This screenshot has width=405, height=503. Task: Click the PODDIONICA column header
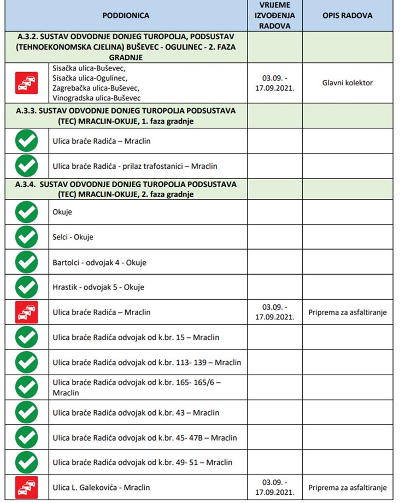[126, 16]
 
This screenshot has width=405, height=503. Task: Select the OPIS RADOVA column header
[347, 16]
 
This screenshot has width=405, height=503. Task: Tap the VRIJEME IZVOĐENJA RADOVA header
[274, 15]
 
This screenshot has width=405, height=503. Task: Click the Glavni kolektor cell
[347, 83]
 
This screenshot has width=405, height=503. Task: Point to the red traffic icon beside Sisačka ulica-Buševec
[26, 83]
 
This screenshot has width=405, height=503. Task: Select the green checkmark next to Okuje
[26, 212]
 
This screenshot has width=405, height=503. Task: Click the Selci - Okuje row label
[73, 237]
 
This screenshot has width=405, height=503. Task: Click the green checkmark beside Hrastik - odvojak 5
[26, 287]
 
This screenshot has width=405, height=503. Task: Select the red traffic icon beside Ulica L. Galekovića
[26, 487]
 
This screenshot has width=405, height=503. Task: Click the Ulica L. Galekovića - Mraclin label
[101, 487]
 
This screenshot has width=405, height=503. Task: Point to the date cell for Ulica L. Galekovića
[274, 487]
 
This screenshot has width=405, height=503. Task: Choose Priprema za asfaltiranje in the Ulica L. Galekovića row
[347, 487]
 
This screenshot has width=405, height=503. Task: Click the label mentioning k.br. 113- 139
[146, 362]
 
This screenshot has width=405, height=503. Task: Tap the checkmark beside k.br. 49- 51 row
[26, 462]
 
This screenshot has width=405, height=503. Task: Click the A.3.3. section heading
[126, 115]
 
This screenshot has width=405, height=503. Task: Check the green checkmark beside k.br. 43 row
[26, 412]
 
